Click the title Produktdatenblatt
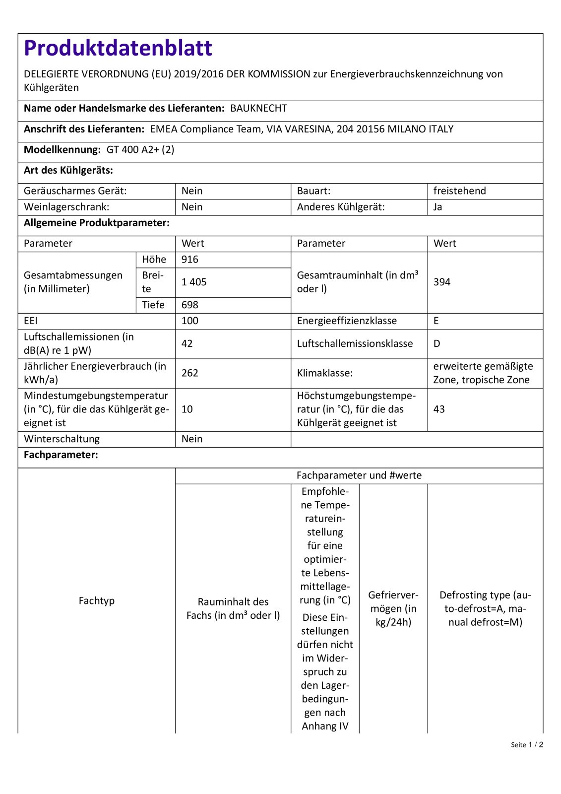pos(118,48)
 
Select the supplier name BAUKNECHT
pos(258,108)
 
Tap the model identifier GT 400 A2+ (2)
pos(140,149)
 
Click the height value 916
pos(190,259)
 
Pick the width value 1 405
pos(194,282)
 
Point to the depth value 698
pos(190,305)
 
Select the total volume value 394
pos(442,282)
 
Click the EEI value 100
pos(190,321)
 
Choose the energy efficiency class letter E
pos(436,321)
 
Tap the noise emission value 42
pos(187,343)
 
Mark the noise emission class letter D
pos(436,343)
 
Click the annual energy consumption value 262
pos(190,373)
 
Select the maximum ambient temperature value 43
pos(439,409)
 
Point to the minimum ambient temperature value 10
pos(187,409)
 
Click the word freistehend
pos(459,191)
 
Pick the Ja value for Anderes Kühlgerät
pos(437,206)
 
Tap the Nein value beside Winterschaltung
pos(192,439)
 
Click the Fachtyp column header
pos(96,600)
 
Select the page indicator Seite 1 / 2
pos(527,744)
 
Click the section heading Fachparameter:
pos(61,455)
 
